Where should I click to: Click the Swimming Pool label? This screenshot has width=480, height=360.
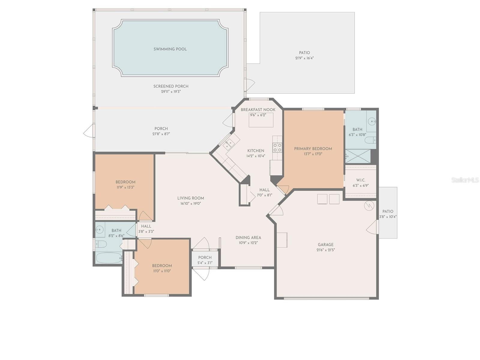point(170,49)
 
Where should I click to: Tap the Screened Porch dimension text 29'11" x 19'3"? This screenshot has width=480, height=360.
point(171,92)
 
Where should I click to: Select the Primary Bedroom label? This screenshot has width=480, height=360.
point(313,149)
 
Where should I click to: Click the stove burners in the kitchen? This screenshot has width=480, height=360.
point(277,147)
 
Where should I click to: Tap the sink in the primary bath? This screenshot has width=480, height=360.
point(372,122)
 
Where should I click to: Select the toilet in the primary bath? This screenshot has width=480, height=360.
point(370,140)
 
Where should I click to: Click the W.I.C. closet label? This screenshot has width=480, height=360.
point(361,180)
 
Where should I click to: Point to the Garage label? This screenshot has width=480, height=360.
point(326,245)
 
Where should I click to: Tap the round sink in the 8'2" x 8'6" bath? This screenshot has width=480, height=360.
point(99,230)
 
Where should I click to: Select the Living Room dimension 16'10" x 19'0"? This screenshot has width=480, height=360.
point(191,203)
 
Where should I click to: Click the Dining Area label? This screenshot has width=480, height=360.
point(248,237)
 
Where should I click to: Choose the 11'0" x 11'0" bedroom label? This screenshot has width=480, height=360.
point(162,266)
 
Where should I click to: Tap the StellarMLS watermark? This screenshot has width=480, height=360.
point(465,180)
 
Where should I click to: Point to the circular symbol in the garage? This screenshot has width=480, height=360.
point(369,206)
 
